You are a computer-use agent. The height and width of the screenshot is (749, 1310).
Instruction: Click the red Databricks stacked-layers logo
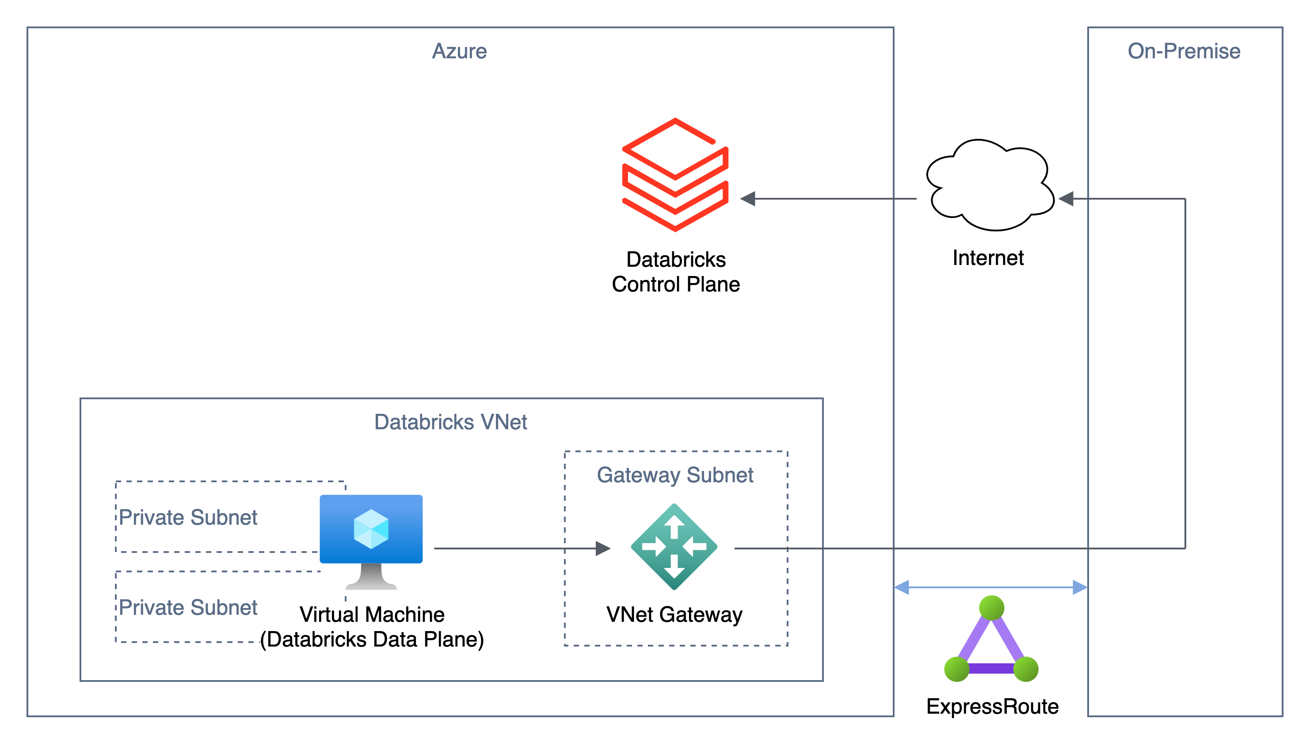pyautogui.click(x=675, y=175)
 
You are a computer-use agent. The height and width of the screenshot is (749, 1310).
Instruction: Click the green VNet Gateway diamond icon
pyautogui.click(x=674, y=546)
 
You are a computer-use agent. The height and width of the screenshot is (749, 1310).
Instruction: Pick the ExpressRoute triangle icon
pyautogui.click(x=991, y=643)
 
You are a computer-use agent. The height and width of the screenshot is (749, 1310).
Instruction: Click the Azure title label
pyautogui.click(x=459, y=51)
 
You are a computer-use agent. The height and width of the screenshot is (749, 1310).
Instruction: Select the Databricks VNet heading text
pyautogui.click(x=450, y=422)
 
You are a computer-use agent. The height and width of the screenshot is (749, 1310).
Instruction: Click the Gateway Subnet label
pyautogui.click(x=674, y=475)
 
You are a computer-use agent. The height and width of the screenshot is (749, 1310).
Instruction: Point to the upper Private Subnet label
pyautogui.click(x=188, y=517)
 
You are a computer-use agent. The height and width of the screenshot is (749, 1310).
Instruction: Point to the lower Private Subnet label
pyautogui.click(x=188, y=607)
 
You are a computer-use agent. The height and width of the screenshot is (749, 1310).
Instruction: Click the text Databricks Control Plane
pyautogui.click(x=675, y=272)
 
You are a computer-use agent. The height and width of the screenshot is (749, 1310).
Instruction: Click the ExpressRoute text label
pyautogui.click(x=992, y=706)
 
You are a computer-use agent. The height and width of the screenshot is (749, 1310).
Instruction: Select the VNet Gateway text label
pyautogui.click(x=674, y=614)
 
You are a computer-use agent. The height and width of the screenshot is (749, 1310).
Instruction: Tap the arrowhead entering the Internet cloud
pyautogui.click(x=1066, y=199)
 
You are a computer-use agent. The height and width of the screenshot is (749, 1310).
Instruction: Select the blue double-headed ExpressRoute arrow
pyautogui.click(x=990, y=587)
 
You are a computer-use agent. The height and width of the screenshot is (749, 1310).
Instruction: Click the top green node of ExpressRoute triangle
pyautogui.click(x=991, y=608)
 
